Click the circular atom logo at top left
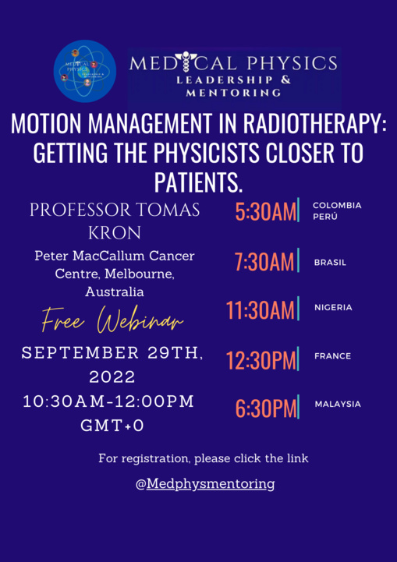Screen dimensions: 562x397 pos(85,71)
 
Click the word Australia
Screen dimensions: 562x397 pos(114,292)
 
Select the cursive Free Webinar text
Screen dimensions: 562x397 pos(113,320)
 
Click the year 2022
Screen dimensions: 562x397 pos(113,377)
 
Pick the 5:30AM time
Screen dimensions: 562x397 pos(265,212)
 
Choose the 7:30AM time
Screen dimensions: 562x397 pos(264,263)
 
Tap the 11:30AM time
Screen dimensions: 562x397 pos(261,310)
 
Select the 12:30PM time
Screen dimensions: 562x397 pos(261,359)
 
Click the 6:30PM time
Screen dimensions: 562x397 pos(265,408)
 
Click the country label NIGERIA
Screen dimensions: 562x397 pos(333,307)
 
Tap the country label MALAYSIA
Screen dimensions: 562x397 pos(338,404)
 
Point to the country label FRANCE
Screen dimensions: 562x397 pos(332,356)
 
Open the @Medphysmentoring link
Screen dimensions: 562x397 pos(205,483)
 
